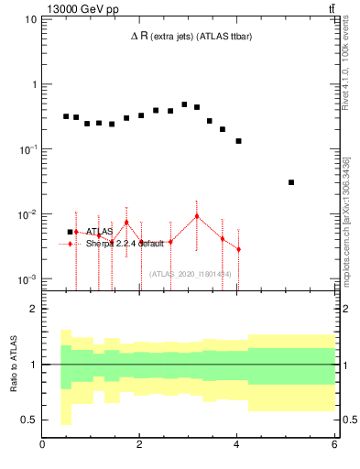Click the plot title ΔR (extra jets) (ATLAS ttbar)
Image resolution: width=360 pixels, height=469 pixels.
click(190, 36)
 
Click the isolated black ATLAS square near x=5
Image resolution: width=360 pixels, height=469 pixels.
click(291, 182)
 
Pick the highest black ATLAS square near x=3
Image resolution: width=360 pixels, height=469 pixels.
click(184, 104)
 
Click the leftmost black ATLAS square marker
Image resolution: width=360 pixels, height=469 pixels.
click(66, 116)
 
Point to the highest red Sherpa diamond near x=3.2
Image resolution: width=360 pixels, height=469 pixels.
click(197, 216)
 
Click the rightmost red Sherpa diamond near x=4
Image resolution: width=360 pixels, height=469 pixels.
click(238, 249)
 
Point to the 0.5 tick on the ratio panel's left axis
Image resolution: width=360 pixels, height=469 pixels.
click(29, 420)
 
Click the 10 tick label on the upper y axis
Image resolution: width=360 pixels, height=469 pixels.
click(27, 19)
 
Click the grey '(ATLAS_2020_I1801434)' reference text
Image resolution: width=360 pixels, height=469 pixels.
click(190, 273)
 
